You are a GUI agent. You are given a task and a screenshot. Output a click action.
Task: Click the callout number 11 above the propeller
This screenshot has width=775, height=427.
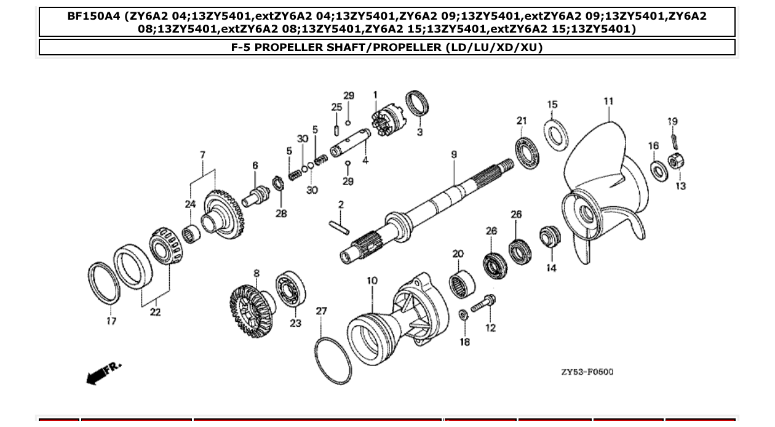click(608, 101)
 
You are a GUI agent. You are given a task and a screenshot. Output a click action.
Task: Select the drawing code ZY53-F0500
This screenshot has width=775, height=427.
click(587, 372)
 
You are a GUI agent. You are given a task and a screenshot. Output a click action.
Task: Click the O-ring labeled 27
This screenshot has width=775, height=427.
click(333, 361)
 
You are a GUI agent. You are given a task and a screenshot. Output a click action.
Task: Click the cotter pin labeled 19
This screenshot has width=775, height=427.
click(675, 140)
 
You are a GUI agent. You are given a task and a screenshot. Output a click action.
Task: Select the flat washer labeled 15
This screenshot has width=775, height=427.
click(556, 135)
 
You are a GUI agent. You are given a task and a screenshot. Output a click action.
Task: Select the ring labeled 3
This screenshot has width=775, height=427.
click(418, 102)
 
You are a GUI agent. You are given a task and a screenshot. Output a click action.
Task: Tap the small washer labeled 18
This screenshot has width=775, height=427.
click(464, 316)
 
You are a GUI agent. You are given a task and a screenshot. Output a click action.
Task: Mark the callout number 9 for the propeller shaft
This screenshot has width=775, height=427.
click(454, 154)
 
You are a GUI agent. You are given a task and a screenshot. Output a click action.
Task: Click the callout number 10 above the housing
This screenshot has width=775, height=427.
click(372, 281)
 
